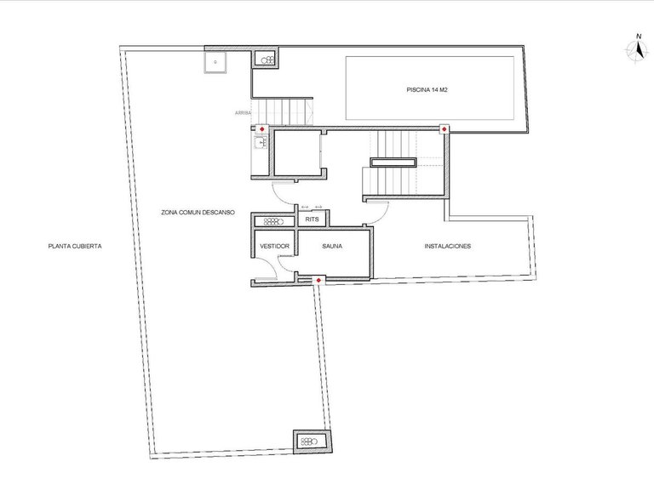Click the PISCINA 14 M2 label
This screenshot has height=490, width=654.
427,89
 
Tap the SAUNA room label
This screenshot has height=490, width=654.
332,247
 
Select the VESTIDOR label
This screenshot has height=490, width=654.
274,247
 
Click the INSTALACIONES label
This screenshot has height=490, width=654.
448,247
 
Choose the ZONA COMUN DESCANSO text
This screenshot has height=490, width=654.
198,213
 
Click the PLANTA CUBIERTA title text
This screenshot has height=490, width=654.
76,247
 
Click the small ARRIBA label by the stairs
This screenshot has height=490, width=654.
243,112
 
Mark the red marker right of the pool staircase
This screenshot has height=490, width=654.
445,128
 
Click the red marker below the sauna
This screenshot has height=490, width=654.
318,280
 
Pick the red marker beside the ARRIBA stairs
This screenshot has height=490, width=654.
262,129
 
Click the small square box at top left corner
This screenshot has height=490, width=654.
215,61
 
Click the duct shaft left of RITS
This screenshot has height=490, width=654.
273,220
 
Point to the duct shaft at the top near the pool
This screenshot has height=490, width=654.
267,60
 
